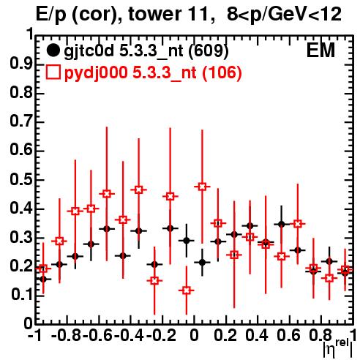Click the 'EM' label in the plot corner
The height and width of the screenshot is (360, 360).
point(320,50)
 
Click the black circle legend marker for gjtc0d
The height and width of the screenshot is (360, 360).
point(53,50)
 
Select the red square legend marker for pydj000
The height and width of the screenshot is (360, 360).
point(53,72)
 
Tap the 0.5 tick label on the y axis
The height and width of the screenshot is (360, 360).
point(21,180)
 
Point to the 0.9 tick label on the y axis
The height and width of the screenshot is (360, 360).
point(21,64)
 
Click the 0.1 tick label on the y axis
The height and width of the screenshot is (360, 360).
point(21,295)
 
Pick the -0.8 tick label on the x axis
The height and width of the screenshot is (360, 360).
point(67,336)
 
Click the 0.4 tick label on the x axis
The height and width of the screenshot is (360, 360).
point(257,336)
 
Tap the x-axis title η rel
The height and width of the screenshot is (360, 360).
point(338,348)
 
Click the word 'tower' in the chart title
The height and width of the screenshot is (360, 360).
point(154,14)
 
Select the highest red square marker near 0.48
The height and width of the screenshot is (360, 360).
point(202,187)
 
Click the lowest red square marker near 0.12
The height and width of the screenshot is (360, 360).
point(187,290)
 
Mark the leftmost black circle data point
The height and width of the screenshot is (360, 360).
point(43,279)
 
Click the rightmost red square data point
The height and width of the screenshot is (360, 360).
point(345,269)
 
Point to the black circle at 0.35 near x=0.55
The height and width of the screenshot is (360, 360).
point(282,224)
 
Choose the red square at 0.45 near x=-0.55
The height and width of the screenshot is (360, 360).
point(107,194)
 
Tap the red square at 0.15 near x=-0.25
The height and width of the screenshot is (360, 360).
point(154,280)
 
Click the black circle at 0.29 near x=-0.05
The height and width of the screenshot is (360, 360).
point(187,241)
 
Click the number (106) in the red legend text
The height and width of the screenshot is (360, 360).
point(222,72)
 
